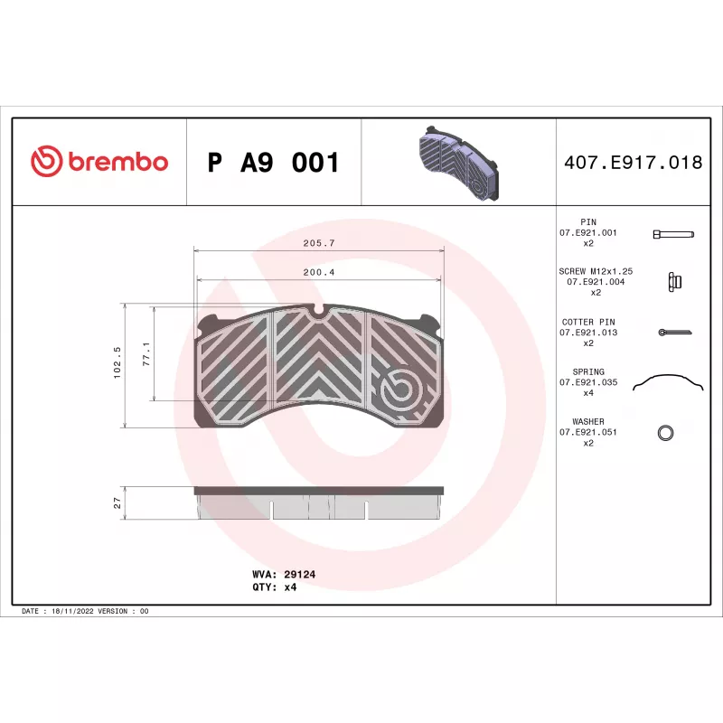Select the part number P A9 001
coord(274,163)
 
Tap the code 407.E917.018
coord(634,163)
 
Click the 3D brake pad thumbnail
coord(459,163)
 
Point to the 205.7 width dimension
coord(319,243)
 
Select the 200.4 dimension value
coord(319,272)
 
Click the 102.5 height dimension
coord(117,363)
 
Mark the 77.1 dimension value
coord(146,354)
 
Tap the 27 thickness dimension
coord(117,502)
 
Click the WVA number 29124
coord(300,574)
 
